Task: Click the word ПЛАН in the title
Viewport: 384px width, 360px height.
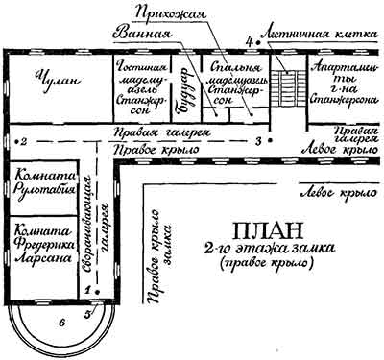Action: [258, 232]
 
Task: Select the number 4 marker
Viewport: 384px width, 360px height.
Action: [249, 42]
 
